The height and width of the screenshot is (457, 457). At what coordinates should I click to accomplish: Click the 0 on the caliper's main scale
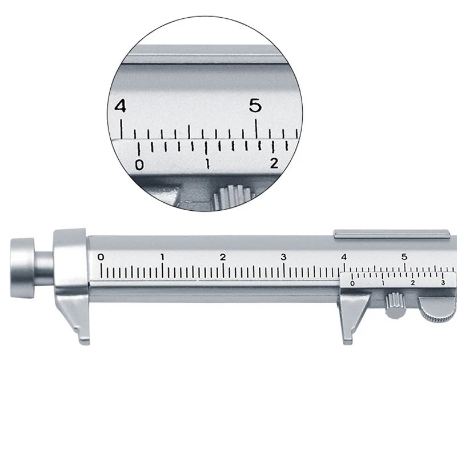(x=101, y=256)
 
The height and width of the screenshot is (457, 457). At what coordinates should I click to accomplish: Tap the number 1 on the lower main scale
(x=162, y=256)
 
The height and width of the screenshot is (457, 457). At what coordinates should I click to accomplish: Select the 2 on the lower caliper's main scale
(x=223, y=256)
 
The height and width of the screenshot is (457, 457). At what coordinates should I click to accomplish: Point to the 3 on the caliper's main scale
(x=283, y=256)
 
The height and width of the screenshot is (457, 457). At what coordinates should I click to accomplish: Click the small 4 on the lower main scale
(x=344, y=256)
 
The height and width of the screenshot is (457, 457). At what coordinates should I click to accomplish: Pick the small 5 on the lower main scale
(x=404, y=256)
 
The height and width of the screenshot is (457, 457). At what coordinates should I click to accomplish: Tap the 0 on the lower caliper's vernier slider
(x=352, y=283)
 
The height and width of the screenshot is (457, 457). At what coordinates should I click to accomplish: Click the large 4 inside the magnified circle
(x=120, y=106)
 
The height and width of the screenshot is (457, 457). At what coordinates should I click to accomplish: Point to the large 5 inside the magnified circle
(x=255, y=106)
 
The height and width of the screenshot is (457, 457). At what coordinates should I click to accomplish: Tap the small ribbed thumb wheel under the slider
(x=394, y=304)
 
